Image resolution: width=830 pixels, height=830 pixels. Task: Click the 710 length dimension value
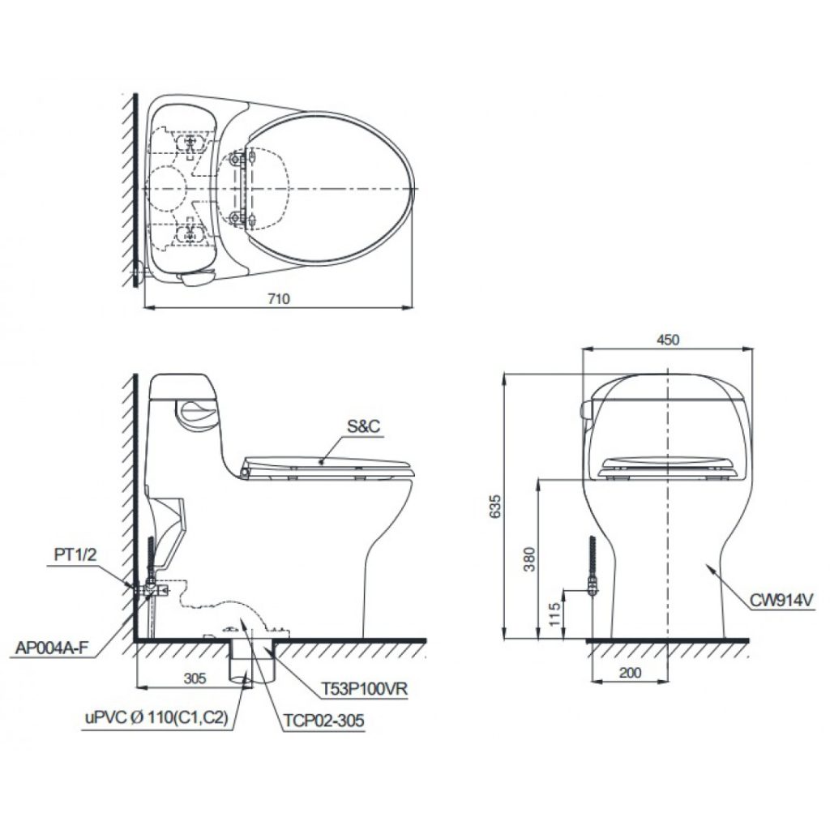279,299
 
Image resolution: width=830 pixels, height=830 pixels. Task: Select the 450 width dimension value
668,340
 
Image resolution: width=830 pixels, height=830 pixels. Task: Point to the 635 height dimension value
494,506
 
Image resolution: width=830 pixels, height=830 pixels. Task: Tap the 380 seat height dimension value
529,559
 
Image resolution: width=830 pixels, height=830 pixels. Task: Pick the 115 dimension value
554,614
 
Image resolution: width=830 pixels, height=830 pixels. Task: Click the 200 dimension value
630,673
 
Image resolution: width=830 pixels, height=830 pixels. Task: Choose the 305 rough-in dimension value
195,678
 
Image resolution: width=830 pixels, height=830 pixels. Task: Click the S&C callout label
364,426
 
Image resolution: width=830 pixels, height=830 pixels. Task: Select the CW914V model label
781,601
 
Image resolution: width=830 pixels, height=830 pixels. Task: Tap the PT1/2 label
75,554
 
